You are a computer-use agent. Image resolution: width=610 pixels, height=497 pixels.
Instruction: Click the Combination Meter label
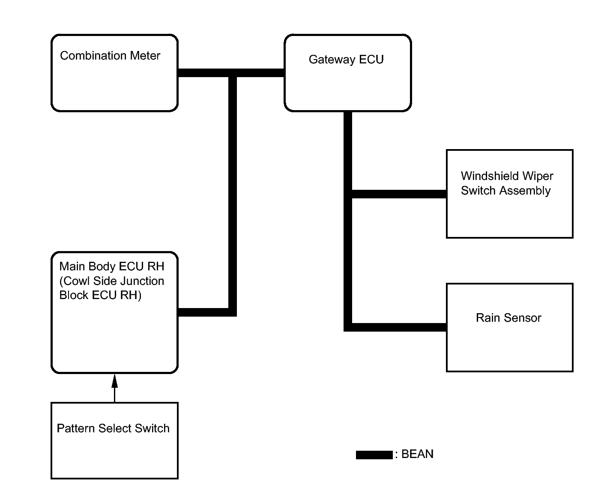(x=110, y=56)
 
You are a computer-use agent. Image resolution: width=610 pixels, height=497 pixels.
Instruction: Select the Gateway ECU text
(x=346, y=60)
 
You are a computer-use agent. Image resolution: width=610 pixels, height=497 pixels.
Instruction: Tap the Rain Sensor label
(x=508, y=317)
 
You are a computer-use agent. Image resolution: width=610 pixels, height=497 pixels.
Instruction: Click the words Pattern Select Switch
(x=113, y=428)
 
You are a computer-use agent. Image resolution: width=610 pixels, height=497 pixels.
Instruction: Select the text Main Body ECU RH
(x=112, y=266)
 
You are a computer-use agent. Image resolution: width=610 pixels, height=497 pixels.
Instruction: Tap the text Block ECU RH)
(x=100, y=295)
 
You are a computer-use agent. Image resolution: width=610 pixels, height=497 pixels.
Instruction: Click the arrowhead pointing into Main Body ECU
(x=114, y=381)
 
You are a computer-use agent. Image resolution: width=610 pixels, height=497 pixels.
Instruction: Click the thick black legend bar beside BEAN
(x=374, y=455)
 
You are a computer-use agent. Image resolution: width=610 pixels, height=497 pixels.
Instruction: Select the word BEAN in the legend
(x=417, y=454)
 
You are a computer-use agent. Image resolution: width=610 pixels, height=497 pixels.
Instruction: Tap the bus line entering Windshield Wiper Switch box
(x=399, y=194)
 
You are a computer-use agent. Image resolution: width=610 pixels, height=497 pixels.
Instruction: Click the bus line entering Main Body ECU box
(x=203, y=312)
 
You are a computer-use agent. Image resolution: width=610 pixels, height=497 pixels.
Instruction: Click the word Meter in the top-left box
(x=145, y=56)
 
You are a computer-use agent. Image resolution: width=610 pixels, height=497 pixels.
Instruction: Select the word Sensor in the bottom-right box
(x=522, y=317)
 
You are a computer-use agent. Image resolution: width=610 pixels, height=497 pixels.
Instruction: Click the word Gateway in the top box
(x=332, y=60)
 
